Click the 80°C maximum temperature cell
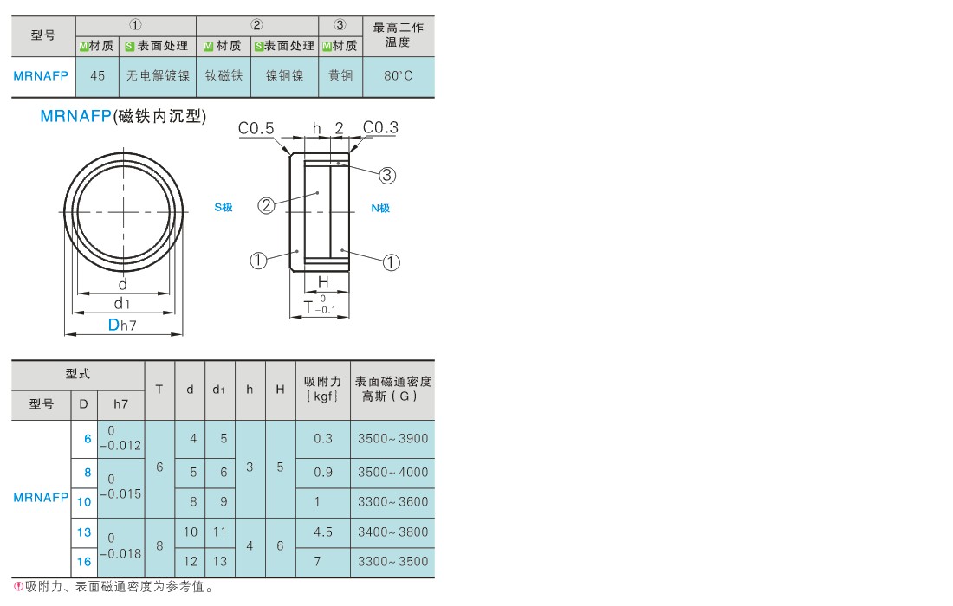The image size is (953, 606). [x=399, y=76]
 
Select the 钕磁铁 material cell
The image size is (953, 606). [x=224, y=76]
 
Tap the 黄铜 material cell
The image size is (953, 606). [x=340, y=76]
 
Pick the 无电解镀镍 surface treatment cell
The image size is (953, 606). [x=158, y=76]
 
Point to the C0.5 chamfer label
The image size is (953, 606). [x=256, y=128]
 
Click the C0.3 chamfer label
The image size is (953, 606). [x=380, y=127]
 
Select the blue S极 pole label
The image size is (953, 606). [x=224, y=207]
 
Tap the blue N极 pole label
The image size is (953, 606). [x=380, y=209]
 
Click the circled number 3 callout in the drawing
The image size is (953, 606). [x=387, y=176]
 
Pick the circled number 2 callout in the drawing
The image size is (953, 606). [x=266, y=205]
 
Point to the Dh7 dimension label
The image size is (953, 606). [x=122, y=325]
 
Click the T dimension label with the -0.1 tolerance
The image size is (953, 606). [x=320, y=306]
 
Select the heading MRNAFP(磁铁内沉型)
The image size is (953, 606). [x=123, y=116]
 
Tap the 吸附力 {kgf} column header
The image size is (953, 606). [x=323, y=390]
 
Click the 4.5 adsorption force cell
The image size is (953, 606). [x=323, y=532]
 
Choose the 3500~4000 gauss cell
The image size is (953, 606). [x=392, y=472]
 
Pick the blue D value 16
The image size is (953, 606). [x=84, y=562]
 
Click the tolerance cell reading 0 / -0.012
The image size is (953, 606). [x=120, y=438]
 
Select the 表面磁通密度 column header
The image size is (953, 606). [x=392, y=390]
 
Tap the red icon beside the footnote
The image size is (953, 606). [x=18, y=587]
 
